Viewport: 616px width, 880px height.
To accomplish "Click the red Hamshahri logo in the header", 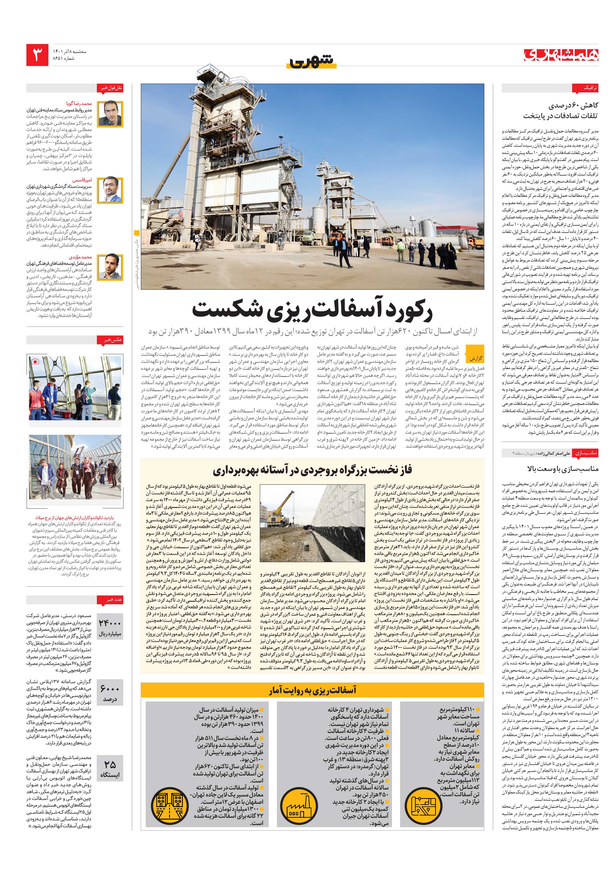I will click(x=561, y=55).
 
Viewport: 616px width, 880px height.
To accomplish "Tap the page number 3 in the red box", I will click(x=38, y=54).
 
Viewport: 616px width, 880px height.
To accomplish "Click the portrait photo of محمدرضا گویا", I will click(x=110, y=114).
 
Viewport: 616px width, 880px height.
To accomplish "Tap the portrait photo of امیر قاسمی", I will click(x=110, y=190).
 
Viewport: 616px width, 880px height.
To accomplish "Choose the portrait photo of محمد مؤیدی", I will click(x=110, y=267).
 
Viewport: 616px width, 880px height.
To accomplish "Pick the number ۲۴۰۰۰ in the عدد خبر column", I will click(x=110, y=624).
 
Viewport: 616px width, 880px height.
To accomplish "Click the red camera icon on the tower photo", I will click(x=35, y=361).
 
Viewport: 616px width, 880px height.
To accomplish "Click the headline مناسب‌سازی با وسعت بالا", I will click(x=562, y=468).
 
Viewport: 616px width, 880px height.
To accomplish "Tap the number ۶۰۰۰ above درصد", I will click(x=110, y=689).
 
